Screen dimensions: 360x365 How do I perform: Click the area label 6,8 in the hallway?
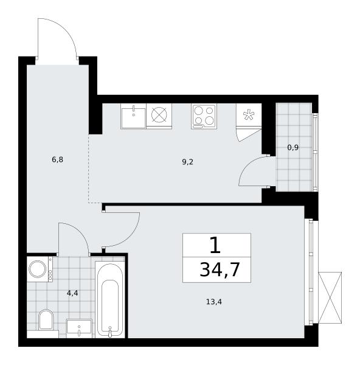point(58,160)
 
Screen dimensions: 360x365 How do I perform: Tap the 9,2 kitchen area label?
point(187,162)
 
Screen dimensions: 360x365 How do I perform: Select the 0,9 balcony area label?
point(293,148)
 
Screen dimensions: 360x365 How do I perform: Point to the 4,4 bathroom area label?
point(72,293)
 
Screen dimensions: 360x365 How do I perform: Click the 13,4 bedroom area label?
point(214,302)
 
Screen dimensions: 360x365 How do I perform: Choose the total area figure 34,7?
point(220,270)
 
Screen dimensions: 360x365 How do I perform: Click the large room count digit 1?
point(215,246)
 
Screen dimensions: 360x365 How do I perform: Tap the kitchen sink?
point(133,116)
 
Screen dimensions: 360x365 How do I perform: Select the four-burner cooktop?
point(204,116)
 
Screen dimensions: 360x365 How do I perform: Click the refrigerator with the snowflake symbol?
point(249,116)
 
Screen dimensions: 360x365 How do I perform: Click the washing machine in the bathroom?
point(40,269)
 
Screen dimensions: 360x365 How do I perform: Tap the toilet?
point(46,319)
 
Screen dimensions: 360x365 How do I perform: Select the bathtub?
point(110,299)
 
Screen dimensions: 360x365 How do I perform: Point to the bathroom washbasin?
point(79,328)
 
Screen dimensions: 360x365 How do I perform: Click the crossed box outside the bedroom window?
point(330,297)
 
